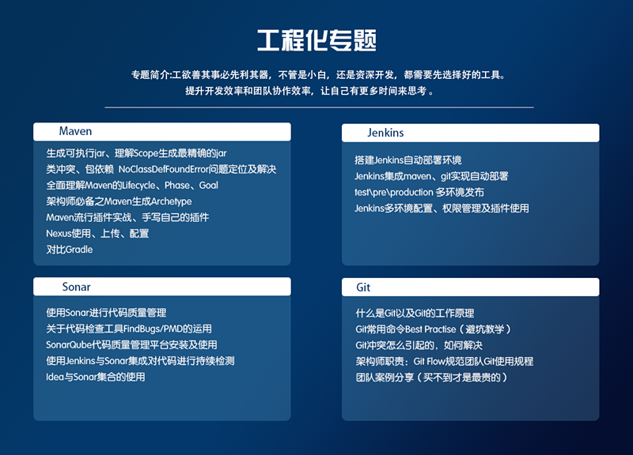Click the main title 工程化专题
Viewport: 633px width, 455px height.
[x=316, y=40]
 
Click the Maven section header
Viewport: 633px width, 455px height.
[x=76, y=131]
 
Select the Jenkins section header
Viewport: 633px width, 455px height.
[x=386, y=133]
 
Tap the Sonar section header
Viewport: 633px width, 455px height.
[x=76, y=287]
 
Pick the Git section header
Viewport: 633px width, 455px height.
[x=364, y=288]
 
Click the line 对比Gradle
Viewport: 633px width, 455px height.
[x=70, y=250]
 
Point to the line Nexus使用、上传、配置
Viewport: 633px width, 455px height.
[x=97, y=234]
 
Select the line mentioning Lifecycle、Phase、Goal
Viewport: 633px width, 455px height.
[x=132, y=186]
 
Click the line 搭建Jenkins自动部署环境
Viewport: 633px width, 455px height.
[x=408, y=160]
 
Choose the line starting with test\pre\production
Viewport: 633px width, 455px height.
[x=419, y=192]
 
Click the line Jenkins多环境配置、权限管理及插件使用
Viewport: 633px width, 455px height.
[x=442, y=209]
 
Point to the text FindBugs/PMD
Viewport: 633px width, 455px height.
[x=157, y=329]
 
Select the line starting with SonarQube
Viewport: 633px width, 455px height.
[x=131, y=345]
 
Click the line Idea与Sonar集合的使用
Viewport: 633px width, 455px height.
[x=96, y=377]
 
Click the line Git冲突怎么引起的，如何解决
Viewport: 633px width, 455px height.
[x=419, y=345]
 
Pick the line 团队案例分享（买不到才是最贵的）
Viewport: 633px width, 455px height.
[x=431, y=378]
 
